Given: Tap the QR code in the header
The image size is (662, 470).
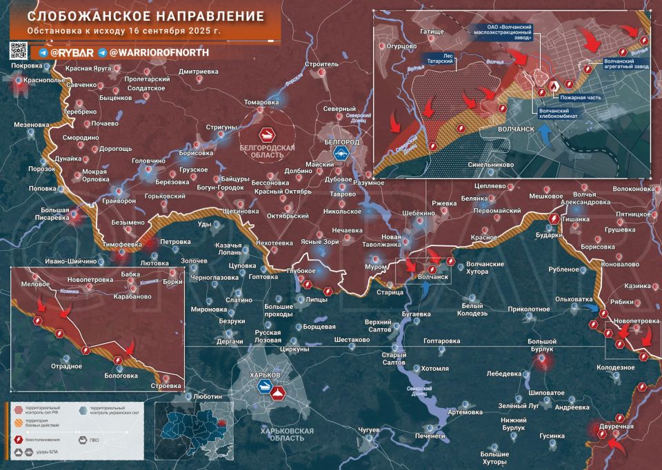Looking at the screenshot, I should coord(19,50).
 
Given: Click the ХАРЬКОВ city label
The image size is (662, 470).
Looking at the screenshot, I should coord(265,374).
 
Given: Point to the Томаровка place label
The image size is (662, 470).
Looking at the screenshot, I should coord(261,102).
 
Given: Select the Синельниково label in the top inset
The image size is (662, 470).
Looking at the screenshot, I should coord(490,165).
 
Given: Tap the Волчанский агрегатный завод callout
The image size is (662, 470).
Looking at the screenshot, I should coord(626,64).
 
